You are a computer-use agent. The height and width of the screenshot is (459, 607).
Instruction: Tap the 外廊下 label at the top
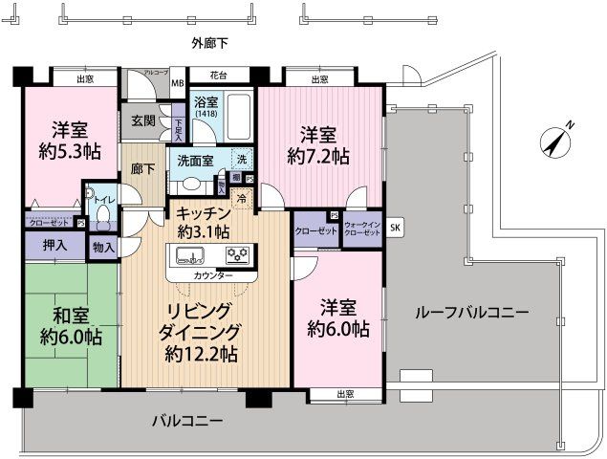click(x=208, y=44)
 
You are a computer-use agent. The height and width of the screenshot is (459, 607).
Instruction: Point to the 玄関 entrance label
click(x=143, y=120)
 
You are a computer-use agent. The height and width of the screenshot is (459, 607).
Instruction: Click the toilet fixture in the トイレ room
click(x=99, y=216)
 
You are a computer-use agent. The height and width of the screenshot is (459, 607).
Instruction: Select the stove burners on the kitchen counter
click(x=236, y=255)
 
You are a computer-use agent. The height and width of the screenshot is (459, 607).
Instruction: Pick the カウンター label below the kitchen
click(x=213, y=275)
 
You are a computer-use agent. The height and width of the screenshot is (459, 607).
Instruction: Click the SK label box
click(x=396, y=227)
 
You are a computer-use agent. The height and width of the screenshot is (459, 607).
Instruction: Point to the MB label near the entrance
click(x=177, y=82)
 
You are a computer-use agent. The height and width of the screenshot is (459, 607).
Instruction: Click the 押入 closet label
click(x=54, y=246)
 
